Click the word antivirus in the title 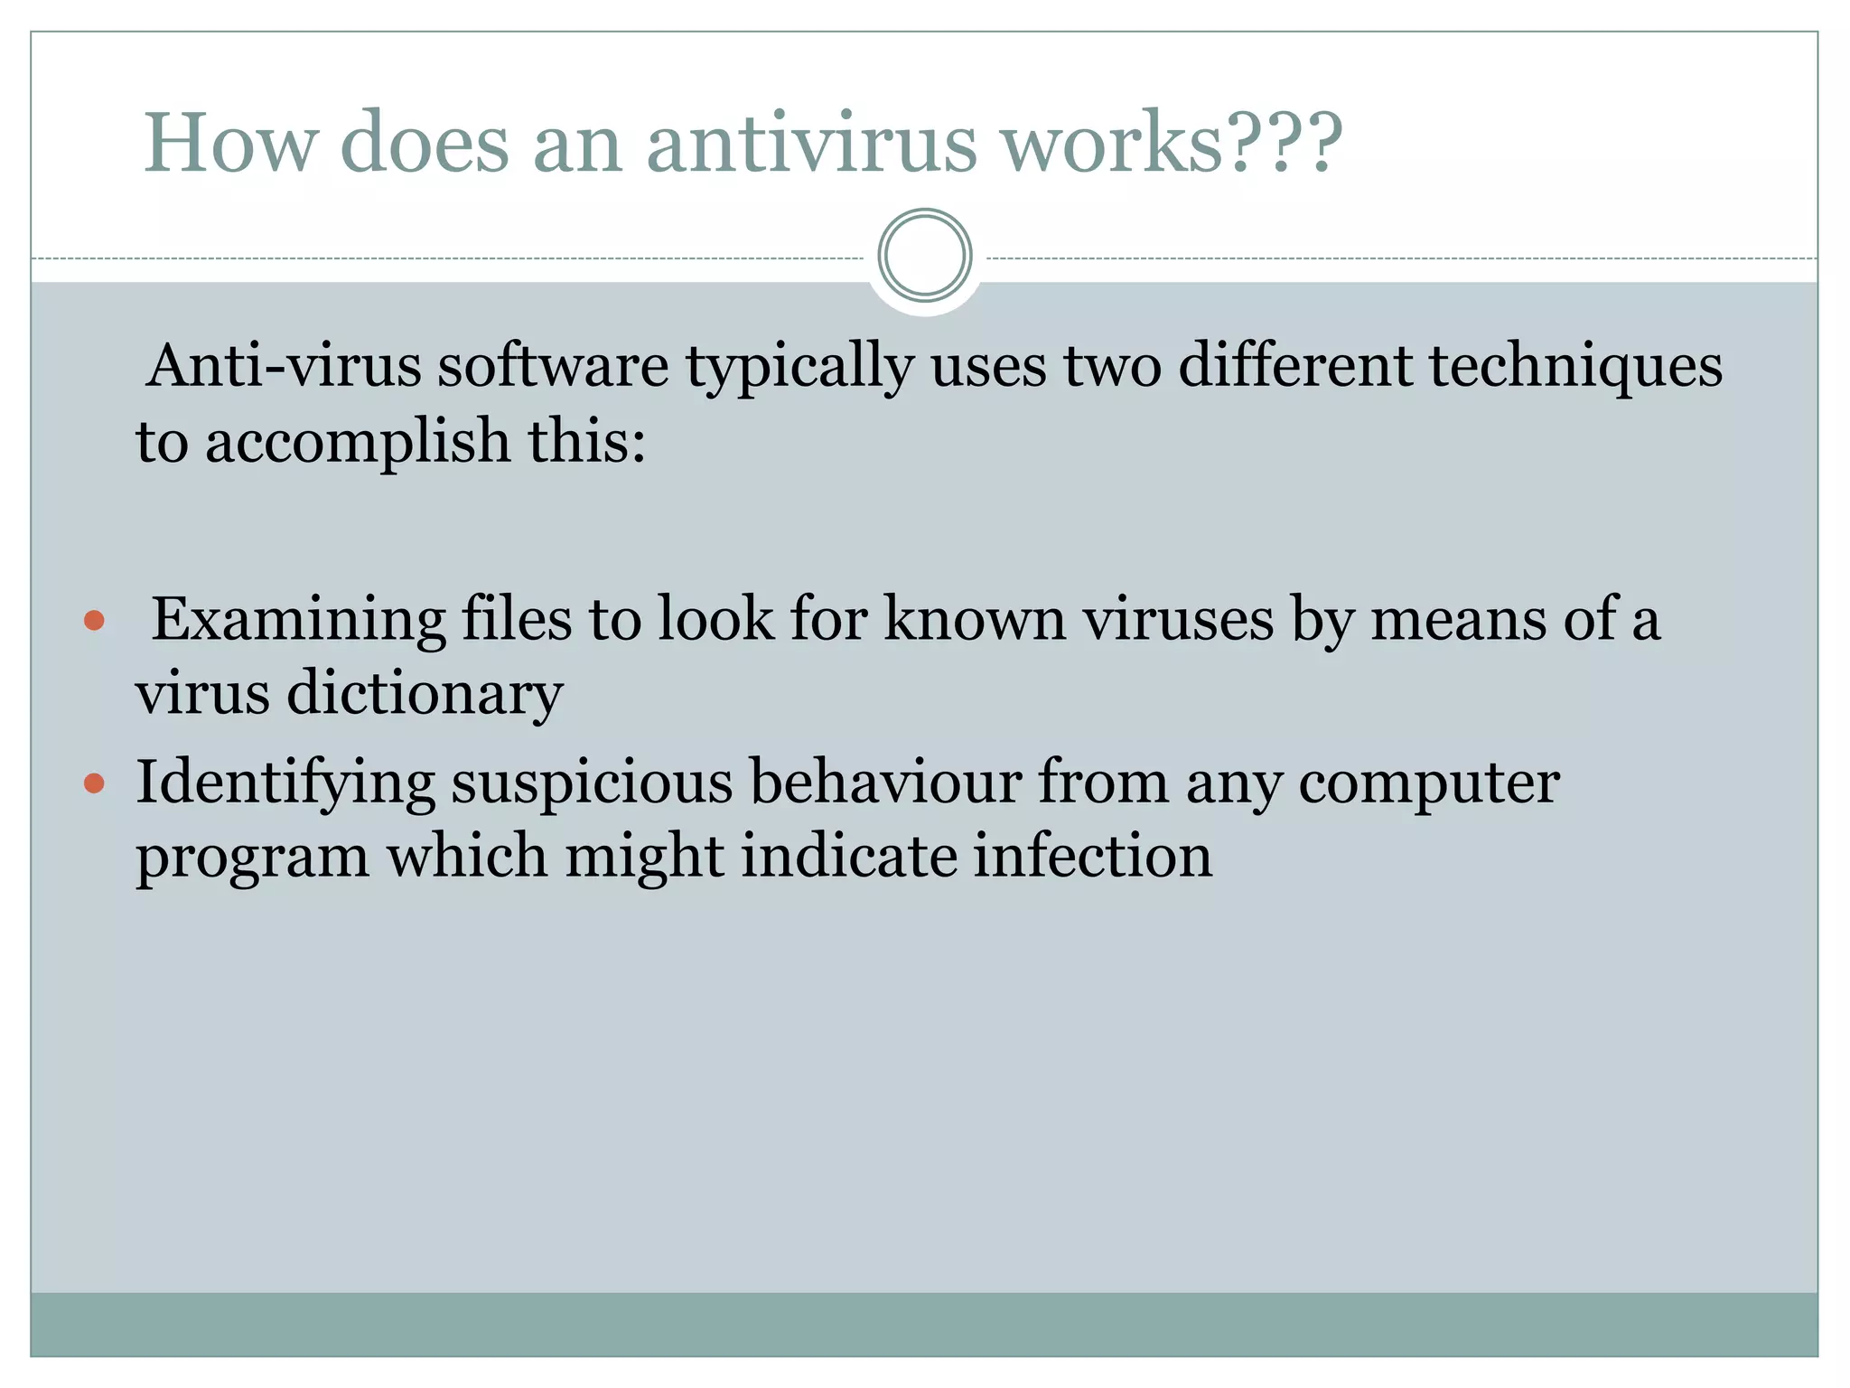point(811,143)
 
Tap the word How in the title point(230,143)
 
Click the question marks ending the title point(1284,143)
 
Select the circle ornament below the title point(924,256)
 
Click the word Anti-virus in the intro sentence point(285,366)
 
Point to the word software point(553,366)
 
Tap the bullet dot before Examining point(94,621)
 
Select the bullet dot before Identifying point(94,783)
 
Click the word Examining point(298,621)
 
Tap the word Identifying point(285,783)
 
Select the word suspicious point(593,783)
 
